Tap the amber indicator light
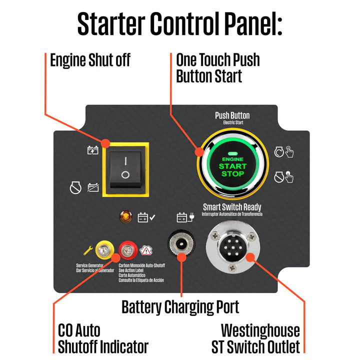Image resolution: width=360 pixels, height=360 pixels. click(125, 217)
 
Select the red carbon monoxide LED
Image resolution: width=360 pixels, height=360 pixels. click(125, 248)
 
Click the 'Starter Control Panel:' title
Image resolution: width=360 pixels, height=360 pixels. click(180, 23)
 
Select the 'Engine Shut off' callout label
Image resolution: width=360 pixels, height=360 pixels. click(90, 60)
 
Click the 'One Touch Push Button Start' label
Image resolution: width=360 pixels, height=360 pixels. click(218, 68)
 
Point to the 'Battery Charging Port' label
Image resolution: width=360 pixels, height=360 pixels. click(180, 306)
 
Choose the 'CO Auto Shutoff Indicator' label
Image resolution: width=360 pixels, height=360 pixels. click(103, 338)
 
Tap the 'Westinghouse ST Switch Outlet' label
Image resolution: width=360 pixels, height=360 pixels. click(260, 338)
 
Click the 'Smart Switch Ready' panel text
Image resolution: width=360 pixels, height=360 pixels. click(232, 206)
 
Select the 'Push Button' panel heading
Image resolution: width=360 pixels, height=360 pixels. click(232, 115)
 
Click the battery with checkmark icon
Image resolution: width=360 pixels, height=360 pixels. click(146, 217)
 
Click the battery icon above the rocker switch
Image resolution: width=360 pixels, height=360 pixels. click(93, 149)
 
